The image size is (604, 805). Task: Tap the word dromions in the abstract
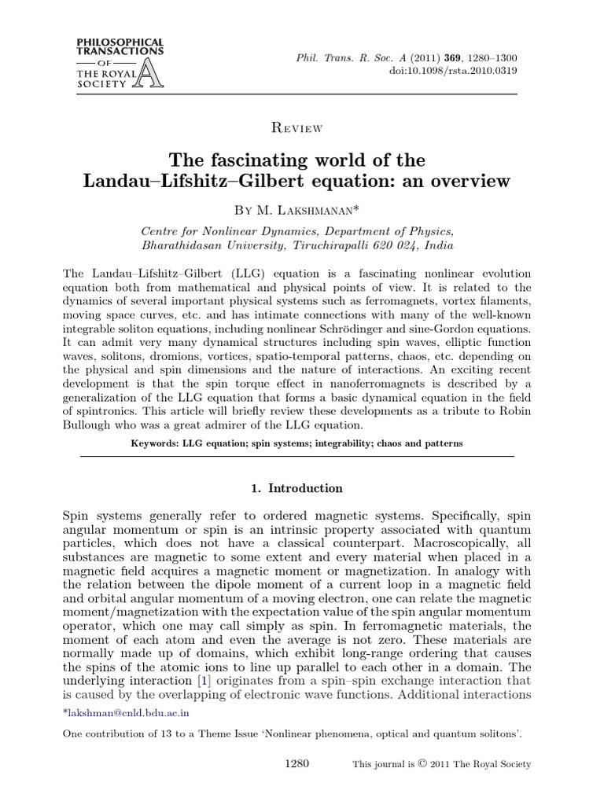tap(164, 358)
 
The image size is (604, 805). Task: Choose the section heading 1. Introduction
tap(296, 488)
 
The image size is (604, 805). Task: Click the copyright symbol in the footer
tap(423, 763)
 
